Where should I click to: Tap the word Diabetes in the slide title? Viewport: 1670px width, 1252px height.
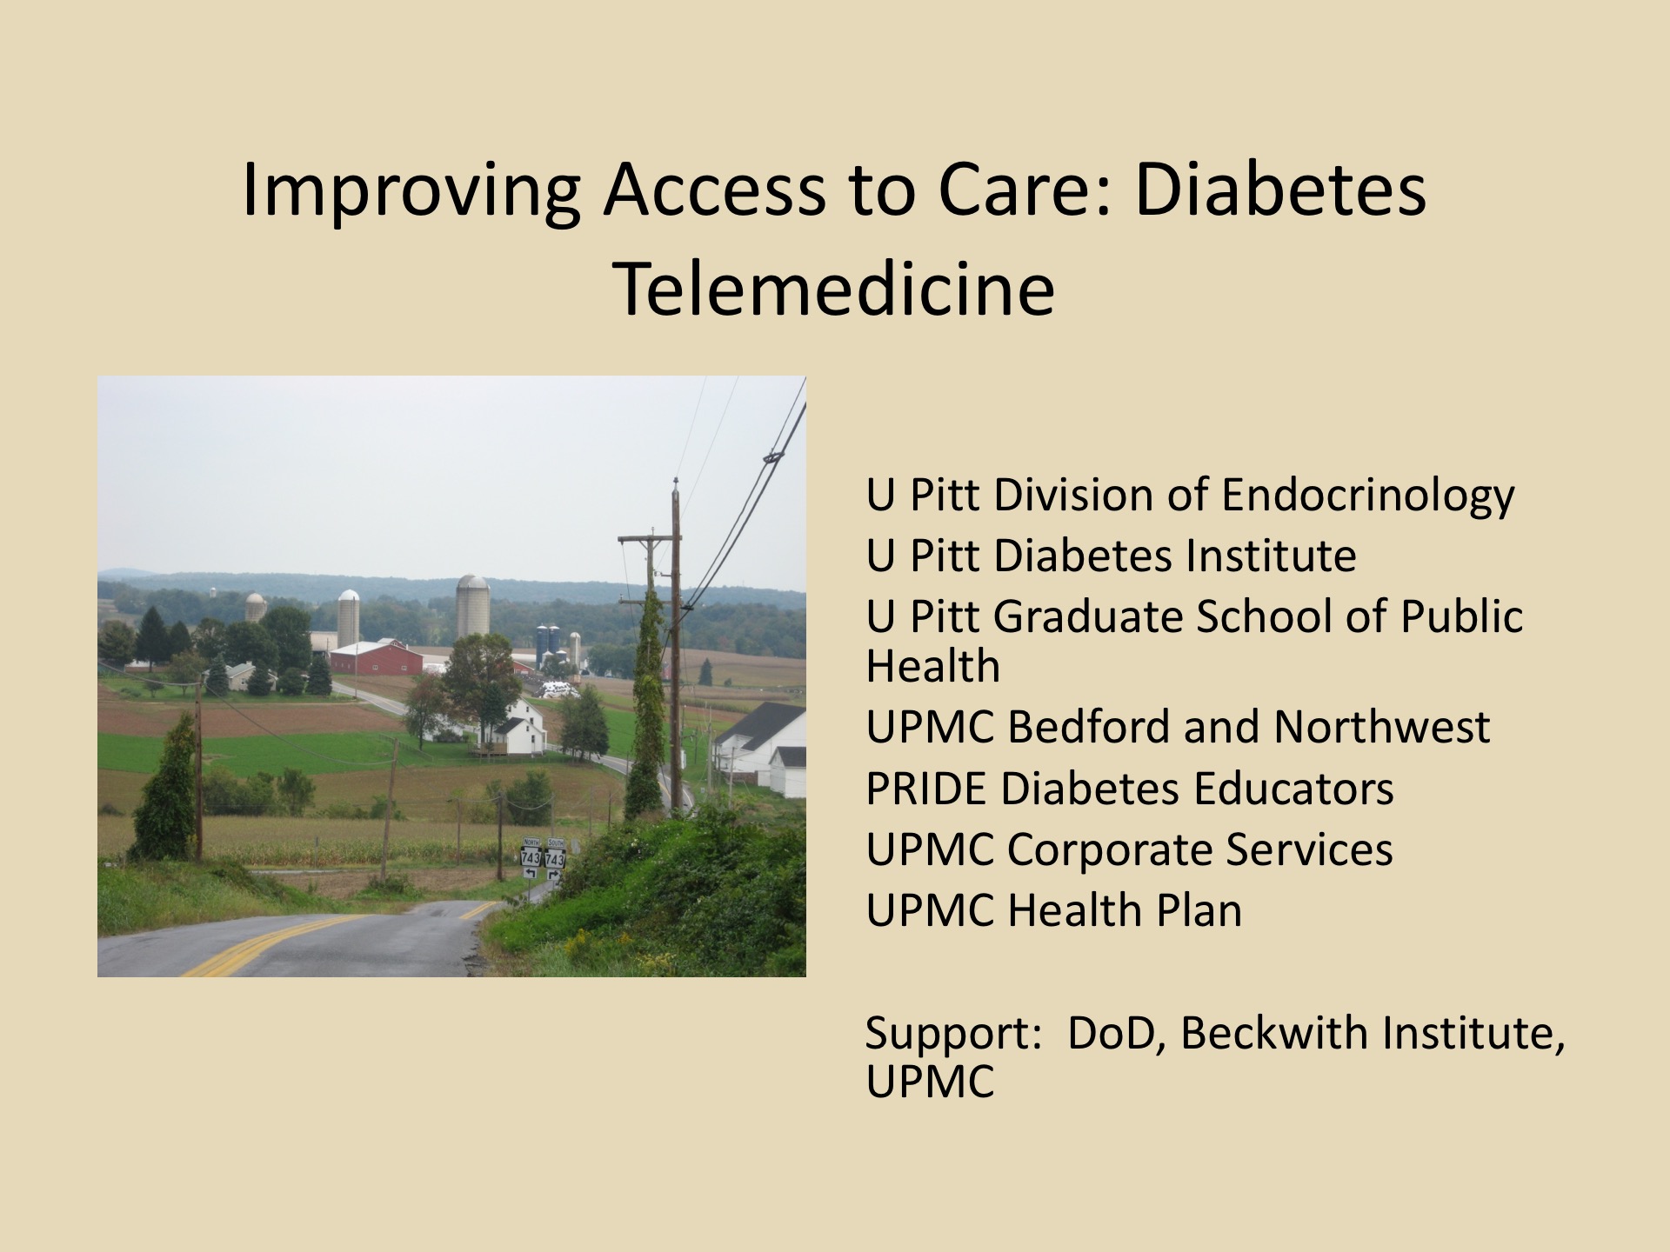[x=1280, y=190]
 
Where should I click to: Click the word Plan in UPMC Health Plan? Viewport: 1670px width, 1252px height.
[x=1198, y=911]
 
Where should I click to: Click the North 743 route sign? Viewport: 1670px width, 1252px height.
[x=531, y=854]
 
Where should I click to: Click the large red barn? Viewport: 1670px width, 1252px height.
[x=377, y=657]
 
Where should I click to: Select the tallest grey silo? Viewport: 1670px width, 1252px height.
[x=472, y=607]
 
